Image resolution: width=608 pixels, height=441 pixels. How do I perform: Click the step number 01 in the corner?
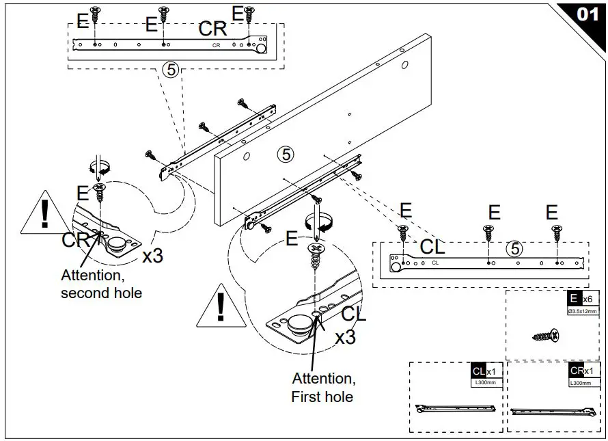click(x=587, y=14)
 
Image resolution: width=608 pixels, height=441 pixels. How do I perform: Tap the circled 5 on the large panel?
click(x=286, y=154)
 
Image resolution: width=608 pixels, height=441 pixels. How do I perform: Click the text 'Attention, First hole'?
click(x=323, y=387)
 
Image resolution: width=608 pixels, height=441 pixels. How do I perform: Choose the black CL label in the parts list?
click(x=478, y=371)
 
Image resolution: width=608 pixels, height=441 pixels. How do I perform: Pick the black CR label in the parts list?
click(x=577, y=371)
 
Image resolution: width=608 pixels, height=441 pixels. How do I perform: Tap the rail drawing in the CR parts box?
click(x=553, y=412)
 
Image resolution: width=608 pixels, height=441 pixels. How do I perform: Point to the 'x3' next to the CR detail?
click(x=152, y=256)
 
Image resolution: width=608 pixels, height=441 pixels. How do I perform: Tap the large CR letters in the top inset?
click(x=212, y=29)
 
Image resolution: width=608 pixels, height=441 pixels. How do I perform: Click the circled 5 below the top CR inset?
click(x=170, y=70)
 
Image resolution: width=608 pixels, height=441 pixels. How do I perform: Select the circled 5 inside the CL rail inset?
click(x=513, y=250)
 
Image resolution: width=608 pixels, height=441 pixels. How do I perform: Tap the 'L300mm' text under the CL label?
click(x=486, y=383)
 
